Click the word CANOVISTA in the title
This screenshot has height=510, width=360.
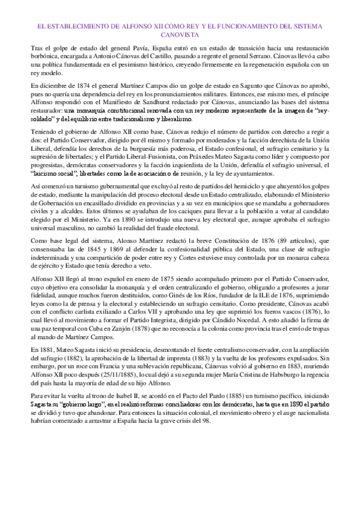[180, 35]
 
